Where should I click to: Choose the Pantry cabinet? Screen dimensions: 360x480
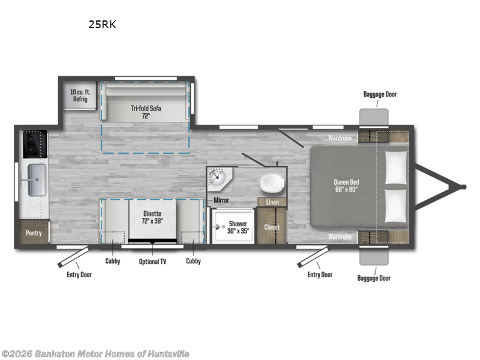[x=34, y=232]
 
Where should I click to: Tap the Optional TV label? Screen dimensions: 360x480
[x=152, y=261]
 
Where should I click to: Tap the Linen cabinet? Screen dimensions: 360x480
[x=272, y=202]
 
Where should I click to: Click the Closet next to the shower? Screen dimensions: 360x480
[x=272, y=227]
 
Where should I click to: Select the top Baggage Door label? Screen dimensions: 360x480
[x=380, y=94]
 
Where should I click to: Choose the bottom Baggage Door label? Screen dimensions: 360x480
[x=373, y=278]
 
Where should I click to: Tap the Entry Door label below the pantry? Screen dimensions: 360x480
[x=79, y=275]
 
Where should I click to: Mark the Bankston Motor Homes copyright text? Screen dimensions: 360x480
[x=97, y=353]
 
